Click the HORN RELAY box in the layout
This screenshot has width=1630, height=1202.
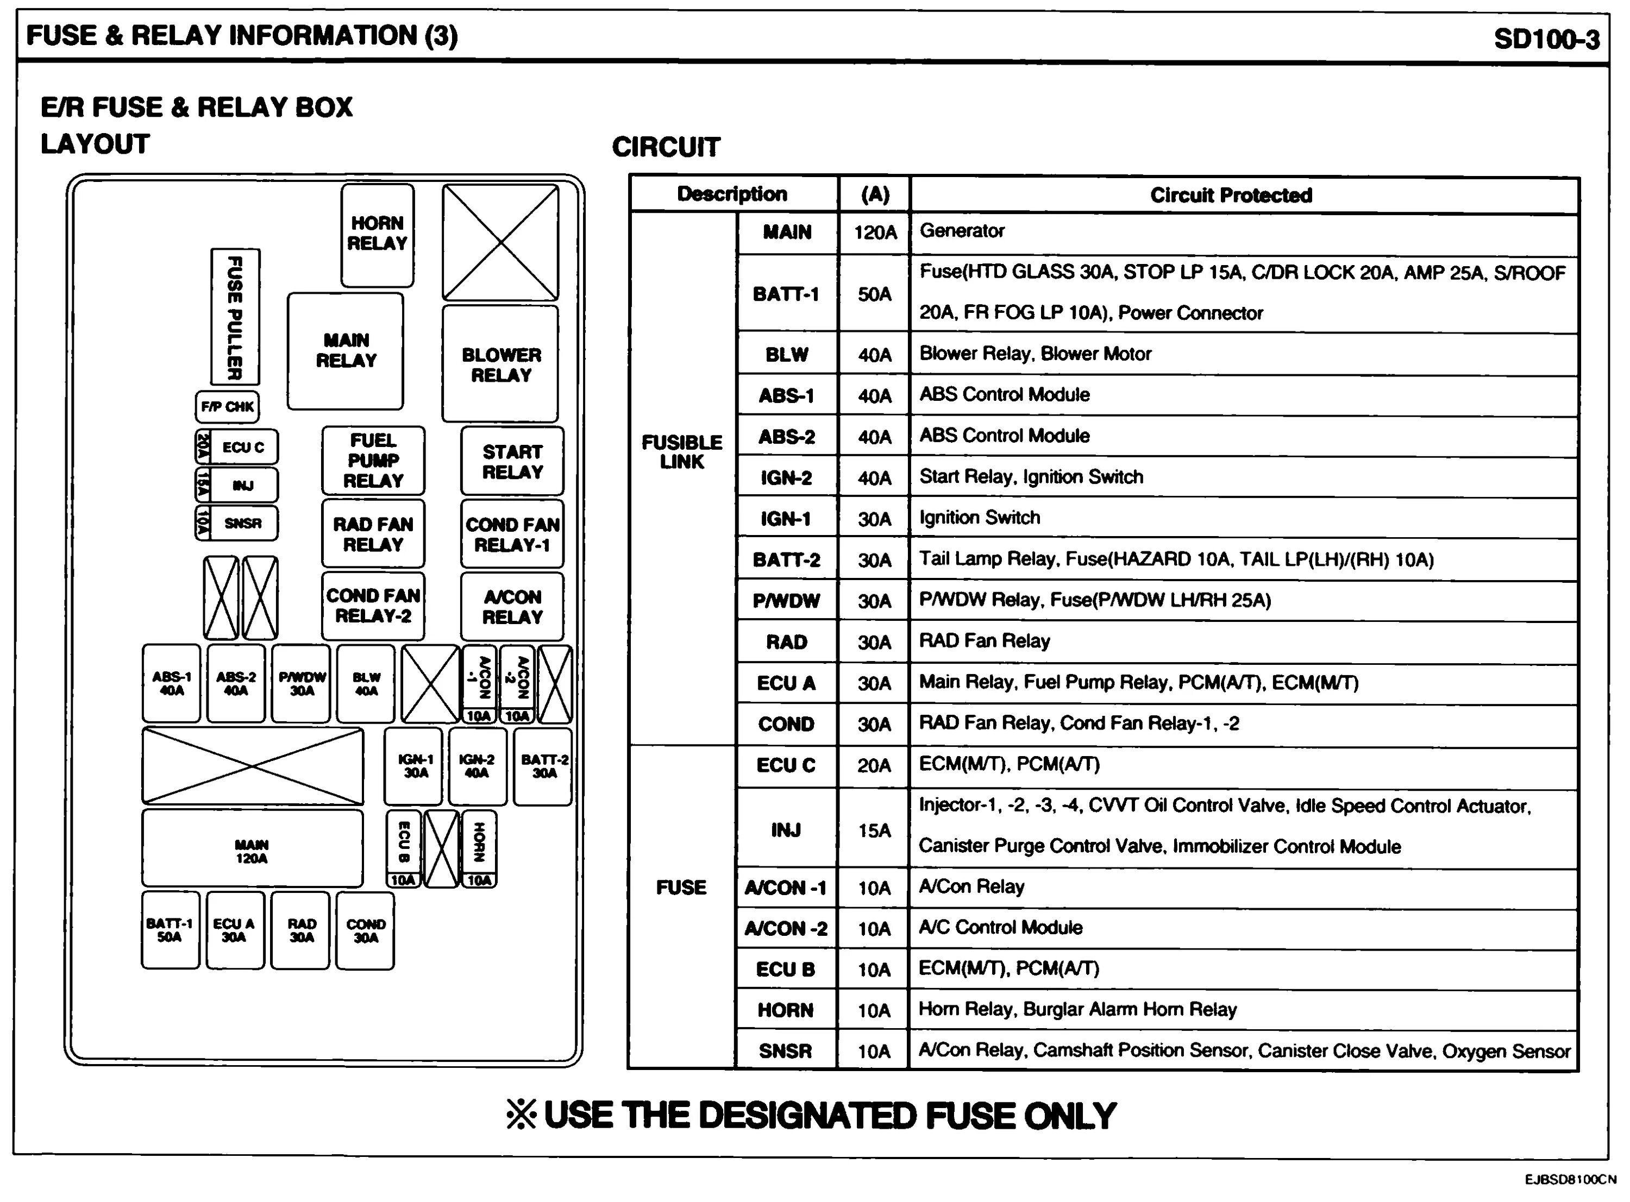(377, 234)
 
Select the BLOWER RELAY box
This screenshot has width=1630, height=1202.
(500, 364)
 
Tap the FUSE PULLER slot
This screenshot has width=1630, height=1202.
(234, 317)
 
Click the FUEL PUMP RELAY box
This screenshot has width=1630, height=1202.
(373, 461)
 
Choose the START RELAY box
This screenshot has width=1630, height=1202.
(512, 461)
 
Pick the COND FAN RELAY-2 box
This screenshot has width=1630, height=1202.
(373, 606)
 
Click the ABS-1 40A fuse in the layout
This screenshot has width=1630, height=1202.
(171, 683)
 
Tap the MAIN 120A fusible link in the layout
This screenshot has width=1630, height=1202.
(252, 851)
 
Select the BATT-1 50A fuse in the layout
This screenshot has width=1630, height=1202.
(170, 930)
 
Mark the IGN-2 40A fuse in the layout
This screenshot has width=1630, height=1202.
(477, 766)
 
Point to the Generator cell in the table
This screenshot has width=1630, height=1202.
(962, 231)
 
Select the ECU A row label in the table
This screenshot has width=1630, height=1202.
(786, 683)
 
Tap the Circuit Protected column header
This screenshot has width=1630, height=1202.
(1231, 195)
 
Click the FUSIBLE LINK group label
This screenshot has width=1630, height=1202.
(682, 452)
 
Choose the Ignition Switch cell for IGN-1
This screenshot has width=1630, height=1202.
(980, 518)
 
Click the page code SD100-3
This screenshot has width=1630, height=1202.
(1546, 39)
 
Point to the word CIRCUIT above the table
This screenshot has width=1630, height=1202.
(666, 147)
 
